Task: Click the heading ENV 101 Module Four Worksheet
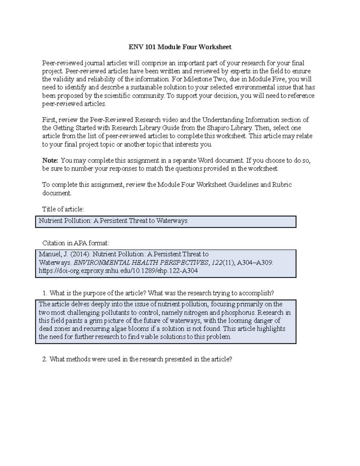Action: click(180, 47)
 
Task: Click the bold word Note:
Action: click(50, 161)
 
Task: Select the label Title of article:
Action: click(63, 209)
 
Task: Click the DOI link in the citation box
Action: click(118, 271)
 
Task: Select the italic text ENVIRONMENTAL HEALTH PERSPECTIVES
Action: click(141, 263)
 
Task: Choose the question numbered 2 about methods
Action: click(140, 359)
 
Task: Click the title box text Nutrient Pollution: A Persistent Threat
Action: click(113, 221)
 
